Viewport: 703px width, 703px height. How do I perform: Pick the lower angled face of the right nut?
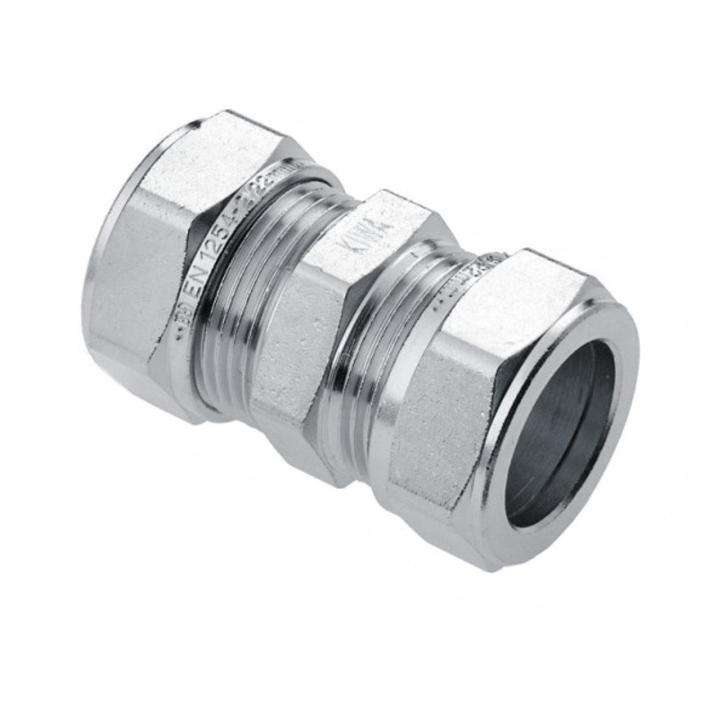[449, 527]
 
